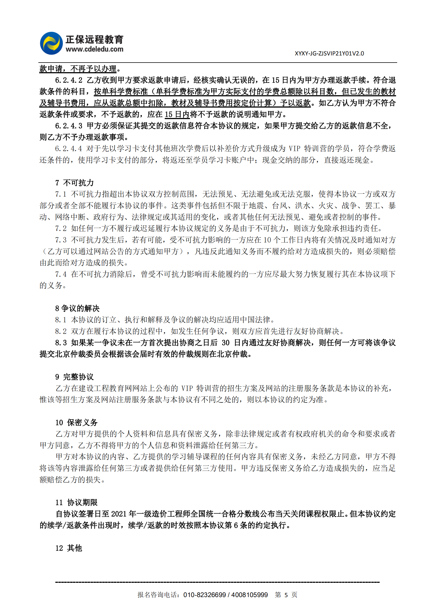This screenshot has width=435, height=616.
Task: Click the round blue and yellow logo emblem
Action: [51, 43]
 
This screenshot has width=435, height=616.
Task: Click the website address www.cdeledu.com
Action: [94, 49]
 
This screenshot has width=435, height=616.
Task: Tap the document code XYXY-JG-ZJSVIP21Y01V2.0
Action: [329, 54]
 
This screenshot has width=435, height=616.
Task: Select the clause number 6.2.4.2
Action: [69, 80]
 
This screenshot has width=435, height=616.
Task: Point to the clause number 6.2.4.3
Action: [69, 126]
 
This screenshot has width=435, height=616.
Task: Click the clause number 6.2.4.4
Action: [68, 149]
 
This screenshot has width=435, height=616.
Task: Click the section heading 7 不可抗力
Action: [74, 183]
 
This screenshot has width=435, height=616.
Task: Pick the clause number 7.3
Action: [61, 240]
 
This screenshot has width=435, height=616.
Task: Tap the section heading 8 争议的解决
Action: [77, 308]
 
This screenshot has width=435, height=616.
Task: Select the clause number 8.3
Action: [61, 343]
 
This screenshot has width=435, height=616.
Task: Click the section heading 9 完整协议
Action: [74, 377]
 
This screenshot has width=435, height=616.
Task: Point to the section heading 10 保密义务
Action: [76, 422]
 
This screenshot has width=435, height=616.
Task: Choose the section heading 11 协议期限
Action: [76, 502]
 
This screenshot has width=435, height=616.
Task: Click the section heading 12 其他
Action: [69, 548]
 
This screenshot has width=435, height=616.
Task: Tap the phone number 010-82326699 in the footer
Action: [204, 595]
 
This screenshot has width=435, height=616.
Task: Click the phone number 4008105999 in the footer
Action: [249, 595]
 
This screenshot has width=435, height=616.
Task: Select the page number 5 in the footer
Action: [286, 595]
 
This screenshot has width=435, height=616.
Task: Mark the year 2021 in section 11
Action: [119, 514]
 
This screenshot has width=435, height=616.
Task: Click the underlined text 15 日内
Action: [177, 114]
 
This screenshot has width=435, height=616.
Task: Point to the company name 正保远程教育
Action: [94, 40]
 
